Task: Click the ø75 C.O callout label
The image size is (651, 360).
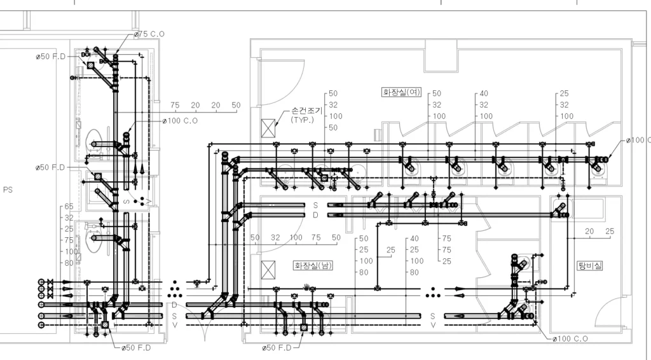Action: pos(149,34)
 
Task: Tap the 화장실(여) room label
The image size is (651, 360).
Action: pos(401,92)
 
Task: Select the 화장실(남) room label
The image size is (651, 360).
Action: pos(313,265)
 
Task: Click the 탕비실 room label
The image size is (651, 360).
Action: pos(590,265)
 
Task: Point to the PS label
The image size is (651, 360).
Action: pos(8,190)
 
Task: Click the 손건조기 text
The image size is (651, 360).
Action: pos(307,111)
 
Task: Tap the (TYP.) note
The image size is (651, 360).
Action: pos(302,120)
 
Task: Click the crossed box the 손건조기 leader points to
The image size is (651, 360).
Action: pos(268,128)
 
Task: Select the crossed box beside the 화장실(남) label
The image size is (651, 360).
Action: pos(268,270)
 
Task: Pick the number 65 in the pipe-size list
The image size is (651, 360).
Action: pos(69,206)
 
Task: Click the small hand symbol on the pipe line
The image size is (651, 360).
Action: pos(307,286)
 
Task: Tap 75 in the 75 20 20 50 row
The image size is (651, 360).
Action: pos(175,106)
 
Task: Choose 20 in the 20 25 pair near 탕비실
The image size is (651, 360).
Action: pos(589,232)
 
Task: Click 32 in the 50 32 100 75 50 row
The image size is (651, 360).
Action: pos(275,237)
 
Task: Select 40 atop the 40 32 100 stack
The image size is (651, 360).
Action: pos(484,93)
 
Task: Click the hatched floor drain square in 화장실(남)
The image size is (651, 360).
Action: pos(303,328)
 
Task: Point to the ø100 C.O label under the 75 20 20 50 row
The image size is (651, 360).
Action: pos(180,121)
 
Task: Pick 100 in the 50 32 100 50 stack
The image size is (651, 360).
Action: pos(336,116)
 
